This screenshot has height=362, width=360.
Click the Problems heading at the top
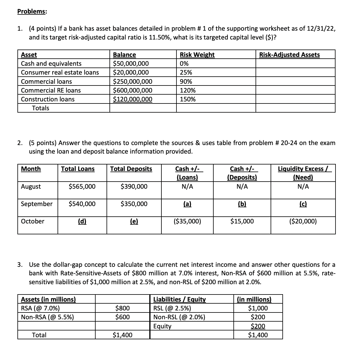(x=32, y=11)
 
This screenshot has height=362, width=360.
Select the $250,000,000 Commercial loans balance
(x=133, y=82)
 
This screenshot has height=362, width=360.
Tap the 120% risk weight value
(x=188, y=90)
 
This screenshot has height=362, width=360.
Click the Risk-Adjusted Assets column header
(x=289, y=55)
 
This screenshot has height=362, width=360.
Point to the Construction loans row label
(x=48, y=99)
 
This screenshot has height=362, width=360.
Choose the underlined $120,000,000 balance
(x=133, y=99)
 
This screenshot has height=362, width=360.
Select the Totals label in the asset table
(x=41, y=108)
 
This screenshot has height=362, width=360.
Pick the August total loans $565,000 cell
(x=82, y=187)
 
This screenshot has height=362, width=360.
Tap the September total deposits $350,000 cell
(x=134, y=204)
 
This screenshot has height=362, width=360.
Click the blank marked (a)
(x=187, y=204)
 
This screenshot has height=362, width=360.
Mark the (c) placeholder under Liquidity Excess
(x=303, y=204)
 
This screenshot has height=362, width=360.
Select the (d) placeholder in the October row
(x=82, y=221)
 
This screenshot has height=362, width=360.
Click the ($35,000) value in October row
(x=187, y=221)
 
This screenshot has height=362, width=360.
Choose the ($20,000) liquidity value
(x=303, y=221)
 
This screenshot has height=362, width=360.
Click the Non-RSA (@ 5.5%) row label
(x=48, y=317)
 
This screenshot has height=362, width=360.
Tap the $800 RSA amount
(x=122, y=309)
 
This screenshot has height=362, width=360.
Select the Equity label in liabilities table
(x=162, y=326)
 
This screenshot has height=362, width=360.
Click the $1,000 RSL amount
(x=258, y=309)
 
